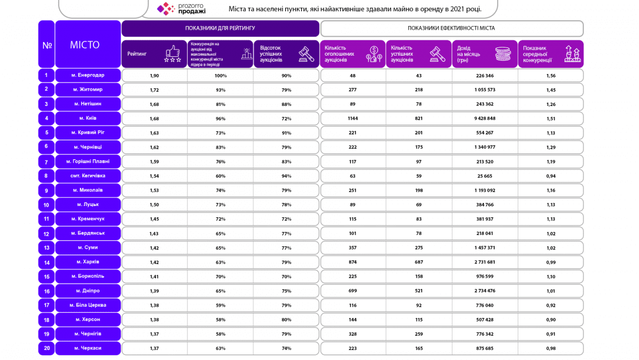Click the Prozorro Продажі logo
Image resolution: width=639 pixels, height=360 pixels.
pyautogui.click(x=182, y=8)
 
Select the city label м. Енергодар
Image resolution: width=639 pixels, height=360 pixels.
pyautogui.click(x=88, y=75)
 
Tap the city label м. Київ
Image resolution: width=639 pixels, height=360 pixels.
pyautogui.click(x=88, y=118)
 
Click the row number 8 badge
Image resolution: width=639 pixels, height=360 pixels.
pyautogui.click(x=46, y=176)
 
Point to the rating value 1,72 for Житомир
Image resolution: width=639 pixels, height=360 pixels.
pyautogui.click(x=154, y=90)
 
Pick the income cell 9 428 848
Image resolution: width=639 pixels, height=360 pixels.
pyautogui.click(x=485, y=118)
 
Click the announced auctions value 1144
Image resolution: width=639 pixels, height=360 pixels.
pyautogui.click(x=353, y=118)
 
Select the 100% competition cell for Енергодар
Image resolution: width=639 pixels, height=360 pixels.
pyautogui.click(x=221, y=75)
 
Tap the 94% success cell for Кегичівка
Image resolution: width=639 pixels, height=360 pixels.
pyautogui.click(x=286, y=176)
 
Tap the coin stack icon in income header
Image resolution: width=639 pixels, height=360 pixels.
pyautogui.click(x=502, y=53)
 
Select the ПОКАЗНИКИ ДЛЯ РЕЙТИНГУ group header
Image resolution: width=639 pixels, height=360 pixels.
pyautogui.click(x=220, y=28)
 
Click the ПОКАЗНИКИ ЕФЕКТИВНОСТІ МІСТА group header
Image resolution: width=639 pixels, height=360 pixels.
pyautogui.click(x=451, y=28)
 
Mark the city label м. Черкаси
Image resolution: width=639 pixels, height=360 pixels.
pyautogui.click(x=88, y=348)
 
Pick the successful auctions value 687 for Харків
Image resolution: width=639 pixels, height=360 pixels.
pyautogui.click(x=419, y=262)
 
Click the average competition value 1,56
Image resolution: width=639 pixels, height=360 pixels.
pyautogui.click(x=551, y=75)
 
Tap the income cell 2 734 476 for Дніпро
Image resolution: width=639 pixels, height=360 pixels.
pyautogui.click(x=485, y=291)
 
